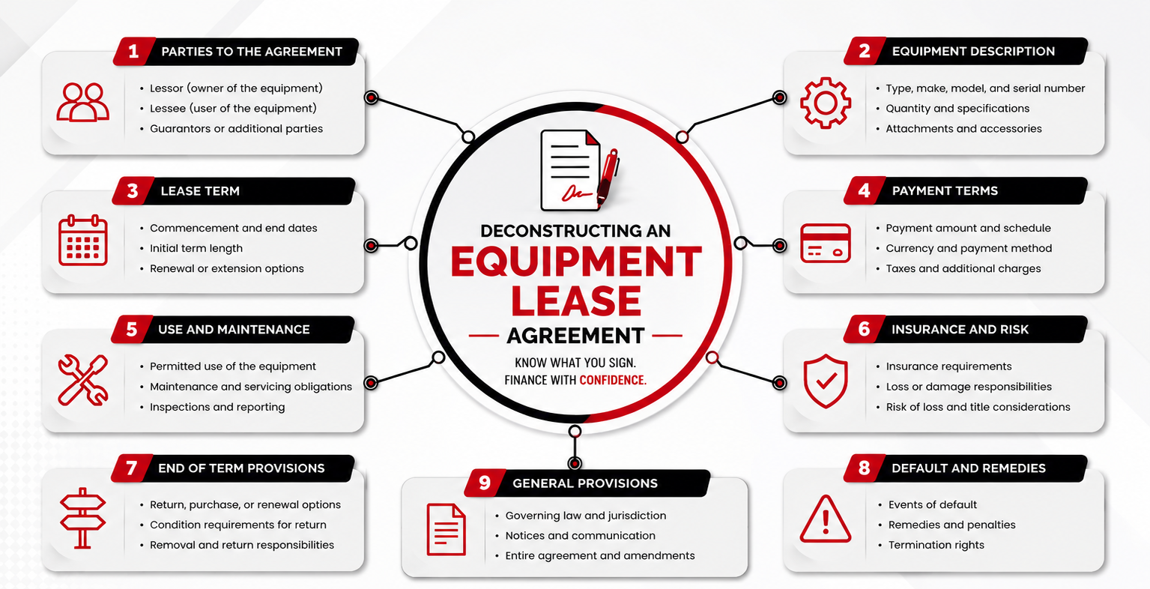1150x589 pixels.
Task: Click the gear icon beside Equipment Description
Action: [x=825, y=103]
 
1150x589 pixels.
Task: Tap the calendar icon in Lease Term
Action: [x=82, y=241]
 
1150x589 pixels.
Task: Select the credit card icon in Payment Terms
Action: [x=825, y=244]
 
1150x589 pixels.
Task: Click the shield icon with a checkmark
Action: [x=825, y=381]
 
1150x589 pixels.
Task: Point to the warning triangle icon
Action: [x=825, y=519]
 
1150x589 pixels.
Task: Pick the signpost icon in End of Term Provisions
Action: [x=82, y=518]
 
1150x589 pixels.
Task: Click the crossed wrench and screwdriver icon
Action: [x=82, y=380]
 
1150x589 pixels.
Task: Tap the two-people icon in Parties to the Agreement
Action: [x=82, y=102]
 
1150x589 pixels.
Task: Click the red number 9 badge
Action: [x=485, y=483]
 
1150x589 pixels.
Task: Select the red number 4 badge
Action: [x=865, y=190]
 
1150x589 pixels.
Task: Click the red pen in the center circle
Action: [x=608, y=177]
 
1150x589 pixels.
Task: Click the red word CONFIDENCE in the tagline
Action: [x=613, y=380]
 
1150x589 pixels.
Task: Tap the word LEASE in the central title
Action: [x=575, y=301]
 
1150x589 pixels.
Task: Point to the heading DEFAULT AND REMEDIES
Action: [x=968, y=468]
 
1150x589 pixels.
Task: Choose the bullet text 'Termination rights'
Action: [x=936, y=545]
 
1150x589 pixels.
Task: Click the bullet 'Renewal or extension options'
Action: [x=226, y=268]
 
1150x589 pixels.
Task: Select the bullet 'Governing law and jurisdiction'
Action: [x=586, y=516]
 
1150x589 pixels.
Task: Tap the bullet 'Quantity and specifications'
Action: [x=957, y=109]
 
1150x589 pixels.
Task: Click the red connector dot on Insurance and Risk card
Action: [x=779, y=383]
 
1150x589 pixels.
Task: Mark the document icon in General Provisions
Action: [x=446, y=530]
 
